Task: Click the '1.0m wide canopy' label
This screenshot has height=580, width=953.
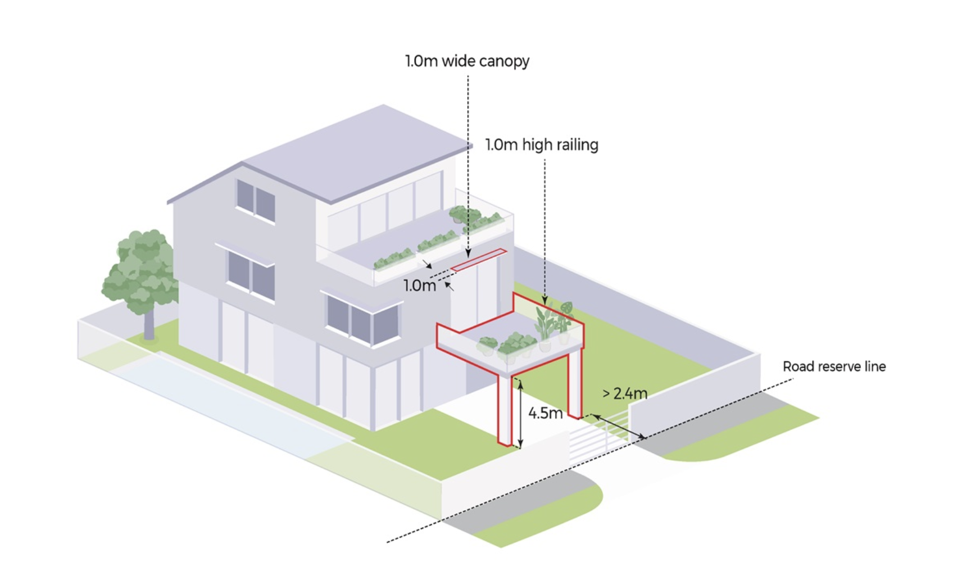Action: [467, 61]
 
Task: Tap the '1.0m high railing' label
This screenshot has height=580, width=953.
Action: [542, 145]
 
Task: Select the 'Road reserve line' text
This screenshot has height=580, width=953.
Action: [834, 367]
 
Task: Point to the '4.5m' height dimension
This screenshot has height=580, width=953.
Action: [545, 414]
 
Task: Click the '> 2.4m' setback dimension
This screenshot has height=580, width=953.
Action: [624, 393]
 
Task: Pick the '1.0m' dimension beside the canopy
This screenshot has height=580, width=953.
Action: [419, 286]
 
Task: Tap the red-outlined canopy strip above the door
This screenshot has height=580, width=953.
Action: [479, 260]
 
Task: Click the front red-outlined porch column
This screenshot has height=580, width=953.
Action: [505, 410]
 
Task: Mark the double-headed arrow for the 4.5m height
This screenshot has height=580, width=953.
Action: [520, 414]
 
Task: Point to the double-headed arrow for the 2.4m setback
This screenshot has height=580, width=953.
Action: [618, 427]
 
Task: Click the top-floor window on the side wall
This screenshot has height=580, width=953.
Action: [256, 200]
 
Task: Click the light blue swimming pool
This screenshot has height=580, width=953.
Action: [225, 405]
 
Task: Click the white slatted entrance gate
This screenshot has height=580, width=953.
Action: [598, 436]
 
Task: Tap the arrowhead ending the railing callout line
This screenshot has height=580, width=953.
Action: [544, 302]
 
